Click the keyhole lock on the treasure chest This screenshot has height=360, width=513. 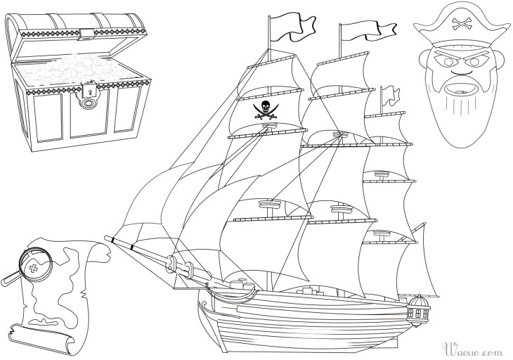click(90, 91)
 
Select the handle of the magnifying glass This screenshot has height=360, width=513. click(10, 279)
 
